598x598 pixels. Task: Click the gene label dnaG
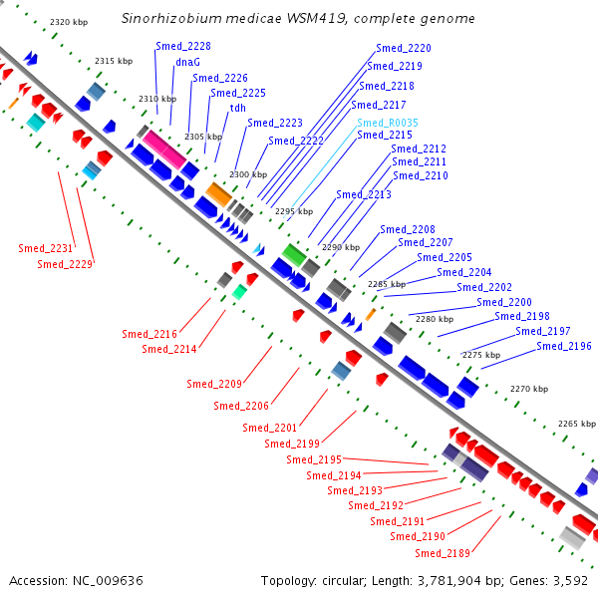pyautogui.click(x=187, y=62)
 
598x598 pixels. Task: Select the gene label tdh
pyautogui.click(x=237, y=108)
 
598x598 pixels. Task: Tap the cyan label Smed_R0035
pyautogui.click(x=388, y=123)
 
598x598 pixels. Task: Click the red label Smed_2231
pyautogui.click(x=46, y=248)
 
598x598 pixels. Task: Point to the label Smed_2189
pyautogui.click(x=443, y=553)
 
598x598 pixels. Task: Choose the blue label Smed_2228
pyautogui.click(x=183, y=46)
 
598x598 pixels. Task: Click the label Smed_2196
pyautogui.click(x=564, y=346)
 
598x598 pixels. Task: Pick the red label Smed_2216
pyautogui.click(x=149, y=334)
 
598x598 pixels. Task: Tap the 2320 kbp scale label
pyautogui.click(x=69, y=22)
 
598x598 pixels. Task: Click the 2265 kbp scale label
pyautogui.click(x=577, y=424)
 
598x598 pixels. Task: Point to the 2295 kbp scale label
pyautogui.click(x=294, y=211)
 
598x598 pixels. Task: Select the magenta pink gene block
pyautogui.click(x=164, y=149)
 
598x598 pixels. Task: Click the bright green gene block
pyautogui.click(x=294, y=255)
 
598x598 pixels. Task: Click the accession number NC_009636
pyautogui.click(x=108, y=581)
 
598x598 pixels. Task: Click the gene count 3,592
pyautogui.click(x=570, y=581)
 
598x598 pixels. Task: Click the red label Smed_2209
pyautogui.click(x=214, y=384)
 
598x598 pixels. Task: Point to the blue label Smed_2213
pyautogui.click(x=364, y=194)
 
